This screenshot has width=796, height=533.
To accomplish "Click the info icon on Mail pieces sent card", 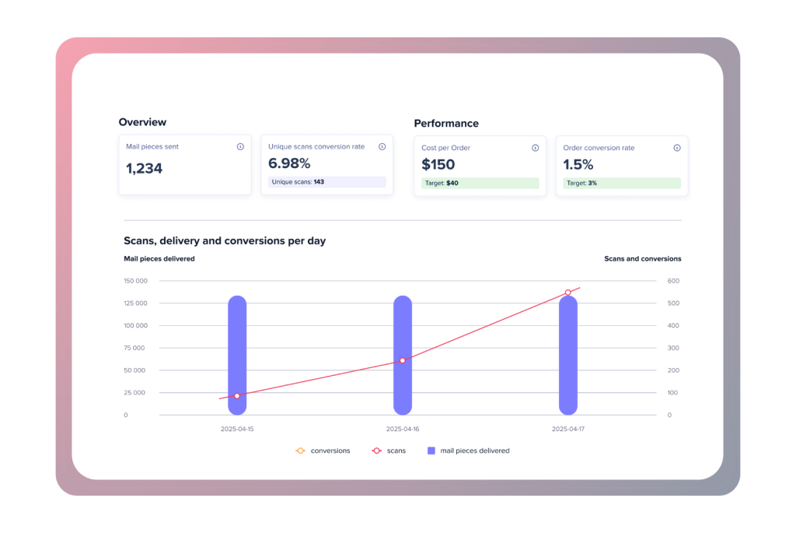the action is [240, 147].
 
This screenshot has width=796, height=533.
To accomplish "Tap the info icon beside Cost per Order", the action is [535, 148].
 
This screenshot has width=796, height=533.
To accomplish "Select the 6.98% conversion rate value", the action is [289, 163].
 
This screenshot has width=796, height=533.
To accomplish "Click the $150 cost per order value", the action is [438, 165].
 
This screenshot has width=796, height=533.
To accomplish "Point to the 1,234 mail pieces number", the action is [144, 168].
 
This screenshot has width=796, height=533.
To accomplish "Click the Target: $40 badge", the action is [480, 183].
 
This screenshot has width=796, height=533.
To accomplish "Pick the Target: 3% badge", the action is [622, 183].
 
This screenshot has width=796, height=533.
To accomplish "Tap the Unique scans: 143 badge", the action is [327, 182].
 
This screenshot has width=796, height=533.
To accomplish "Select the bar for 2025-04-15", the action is [237, 355].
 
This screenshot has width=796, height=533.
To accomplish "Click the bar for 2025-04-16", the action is [403, 355].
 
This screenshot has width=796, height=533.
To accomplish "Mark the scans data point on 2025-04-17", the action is [568, 293].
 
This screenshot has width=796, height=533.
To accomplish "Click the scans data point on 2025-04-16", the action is [403, 361].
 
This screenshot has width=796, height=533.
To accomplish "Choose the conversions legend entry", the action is [323, 451].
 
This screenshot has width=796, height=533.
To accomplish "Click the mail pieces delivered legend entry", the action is [468, 451].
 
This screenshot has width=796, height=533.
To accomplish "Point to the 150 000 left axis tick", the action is [135, 281].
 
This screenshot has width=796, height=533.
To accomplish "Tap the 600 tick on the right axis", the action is [673, 281].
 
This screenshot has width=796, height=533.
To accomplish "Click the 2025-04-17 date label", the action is [568, 430].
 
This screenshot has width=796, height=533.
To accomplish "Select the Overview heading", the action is [142, 122].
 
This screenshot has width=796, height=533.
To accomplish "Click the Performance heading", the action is [446, 124].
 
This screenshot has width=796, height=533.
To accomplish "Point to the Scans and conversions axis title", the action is [643, 258].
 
